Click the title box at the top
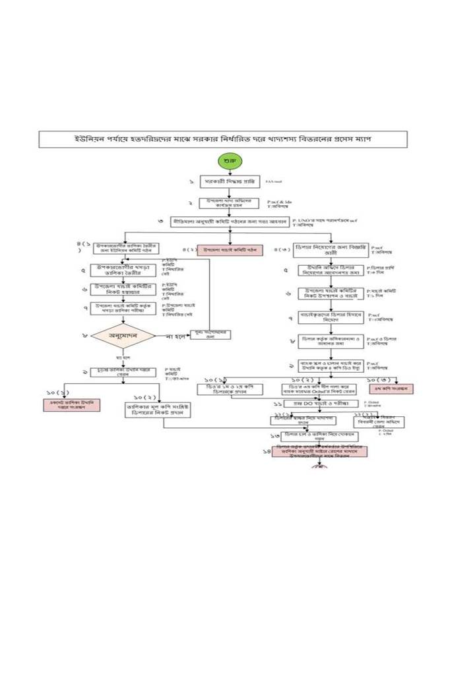(x=236, y=139)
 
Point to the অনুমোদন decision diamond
(x=123, y=335)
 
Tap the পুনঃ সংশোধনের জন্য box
(x=210, y=335)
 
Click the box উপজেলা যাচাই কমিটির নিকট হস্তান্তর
(x=123, y=288)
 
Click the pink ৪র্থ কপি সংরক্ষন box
(x=391, y=389)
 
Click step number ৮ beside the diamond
(x=84, y=335)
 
